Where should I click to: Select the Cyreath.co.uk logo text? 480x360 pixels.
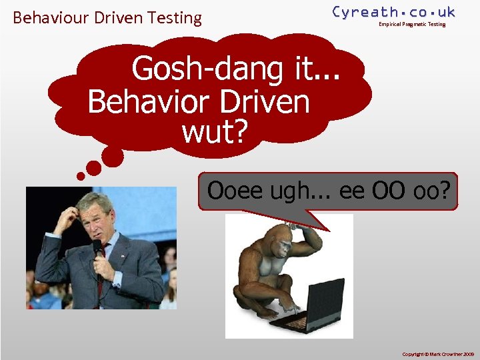pyautogui.click(x=393, y=11)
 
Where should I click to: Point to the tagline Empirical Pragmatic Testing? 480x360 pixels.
pyautogui.click(x=411, y=25)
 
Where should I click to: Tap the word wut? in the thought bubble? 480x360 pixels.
pyautogui.click(x=214, y=133)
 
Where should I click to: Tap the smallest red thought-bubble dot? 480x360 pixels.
pyautogui.click(x=81, y=177)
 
